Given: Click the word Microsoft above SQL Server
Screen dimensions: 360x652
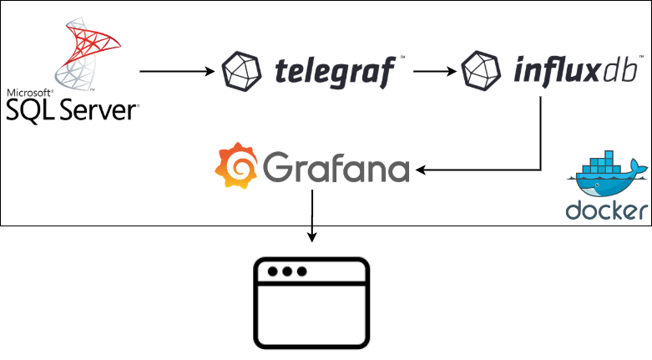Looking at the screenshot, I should [30, 92].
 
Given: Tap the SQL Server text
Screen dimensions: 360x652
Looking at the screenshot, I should [71, 109].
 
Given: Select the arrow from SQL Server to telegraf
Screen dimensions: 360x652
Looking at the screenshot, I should [176, 72].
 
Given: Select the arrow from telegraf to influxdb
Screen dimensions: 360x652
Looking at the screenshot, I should [434, 72].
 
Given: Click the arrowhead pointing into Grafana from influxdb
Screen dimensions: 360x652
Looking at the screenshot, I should [422, 171].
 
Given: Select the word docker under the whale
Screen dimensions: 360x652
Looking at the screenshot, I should [608, 211].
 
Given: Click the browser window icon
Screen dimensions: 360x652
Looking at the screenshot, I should [311, 302].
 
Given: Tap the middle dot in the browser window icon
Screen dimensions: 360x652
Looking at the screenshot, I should [287, 272].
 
